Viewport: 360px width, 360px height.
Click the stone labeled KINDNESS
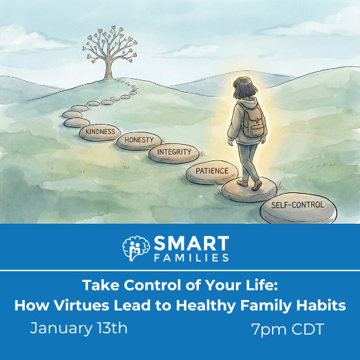coord(100,132)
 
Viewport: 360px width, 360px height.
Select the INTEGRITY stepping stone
coord(174,153)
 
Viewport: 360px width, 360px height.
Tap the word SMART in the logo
coord(191,244)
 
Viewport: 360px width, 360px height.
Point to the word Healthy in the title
coord(228,305)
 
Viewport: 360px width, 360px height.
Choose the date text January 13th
coord(79,328)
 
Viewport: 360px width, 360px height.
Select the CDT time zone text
coord(305,329)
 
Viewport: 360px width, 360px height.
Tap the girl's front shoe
coord(256,187)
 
